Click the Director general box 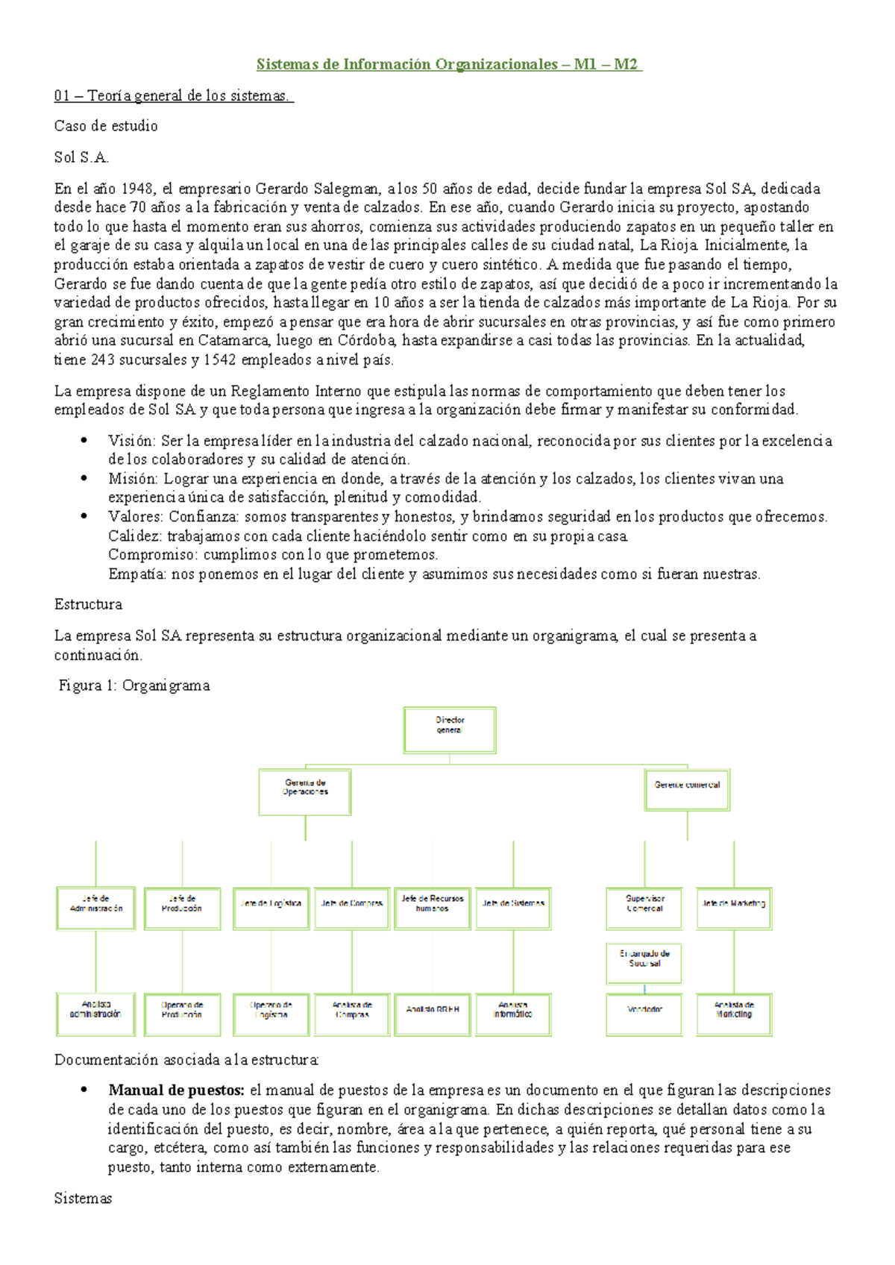click(x=450, y=729)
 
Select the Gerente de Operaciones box click(x=305, y=792)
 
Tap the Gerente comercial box click(x=687, y=790)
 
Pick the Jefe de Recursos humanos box click(x=433, y=908)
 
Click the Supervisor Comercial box click(x=644, y=908)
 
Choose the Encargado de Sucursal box click(x=644, y=963)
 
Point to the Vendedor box click(x=644, y=1014)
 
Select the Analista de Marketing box click(x=734, y=1014)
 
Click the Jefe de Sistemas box click(x=513, y=908)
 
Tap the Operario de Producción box click(x=182, y=1014)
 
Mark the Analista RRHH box click(x=433, y=1014)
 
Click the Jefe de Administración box click(x=95, y=908)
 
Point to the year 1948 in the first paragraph click(x=137, y=189)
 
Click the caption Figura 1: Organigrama click(x=134, y=685)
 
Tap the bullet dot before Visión click(x=84, y=441)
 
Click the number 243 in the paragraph click(x=103, y=360)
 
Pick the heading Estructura click(x=88, y=604)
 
